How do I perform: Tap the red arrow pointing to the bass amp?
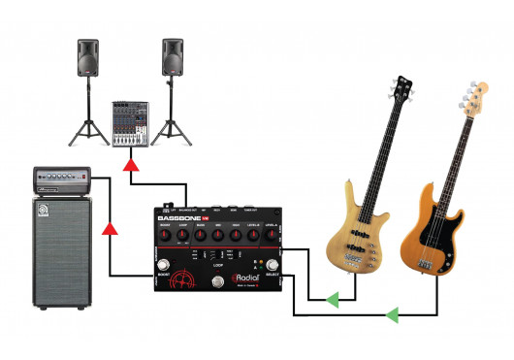click(x=111, y=231)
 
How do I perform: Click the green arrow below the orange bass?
click(x=393, y=314)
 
